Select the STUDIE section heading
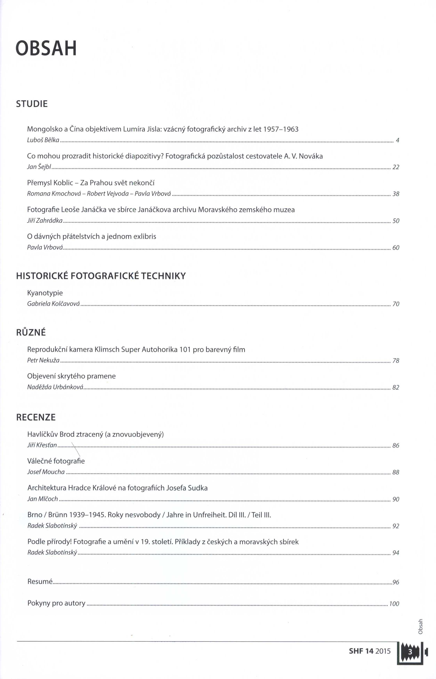coord(32,104)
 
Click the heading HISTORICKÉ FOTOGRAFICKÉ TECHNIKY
coord(101,276)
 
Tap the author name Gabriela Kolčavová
coord(53,304)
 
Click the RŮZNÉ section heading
coord(31,332)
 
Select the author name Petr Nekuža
coord(43,360)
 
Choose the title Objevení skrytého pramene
coord(71,376)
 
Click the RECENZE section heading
coord(36,417)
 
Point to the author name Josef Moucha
coord(46,472)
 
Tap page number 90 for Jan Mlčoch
coord(396,499)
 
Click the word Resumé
coord(40,582)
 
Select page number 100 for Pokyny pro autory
coord(394,604)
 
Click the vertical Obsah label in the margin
coord(420,626)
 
